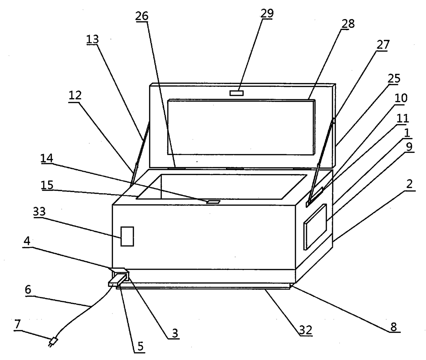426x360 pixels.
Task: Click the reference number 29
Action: (267, 13)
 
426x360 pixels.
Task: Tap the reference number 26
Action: (142, 16)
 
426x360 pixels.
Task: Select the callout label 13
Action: (92, 40)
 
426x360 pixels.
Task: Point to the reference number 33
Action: (39, 212)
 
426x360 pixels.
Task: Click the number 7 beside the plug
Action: (18, 324)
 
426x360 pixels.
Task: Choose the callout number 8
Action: (394, 327)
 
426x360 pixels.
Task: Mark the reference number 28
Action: (348, 24)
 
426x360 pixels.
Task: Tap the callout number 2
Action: (409, 184)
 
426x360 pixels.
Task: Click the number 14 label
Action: (47, 158)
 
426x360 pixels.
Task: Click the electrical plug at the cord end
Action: (54, 341)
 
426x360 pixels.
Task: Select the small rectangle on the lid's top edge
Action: (236, 93)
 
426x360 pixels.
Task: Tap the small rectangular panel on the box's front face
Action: (127, 236)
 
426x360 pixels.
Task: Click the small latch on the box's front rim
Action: (213, 202)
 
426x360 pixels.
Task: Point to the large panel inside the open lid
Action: (241, 127)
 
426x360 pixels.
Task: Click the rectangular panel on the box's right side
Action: (315, 226)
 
